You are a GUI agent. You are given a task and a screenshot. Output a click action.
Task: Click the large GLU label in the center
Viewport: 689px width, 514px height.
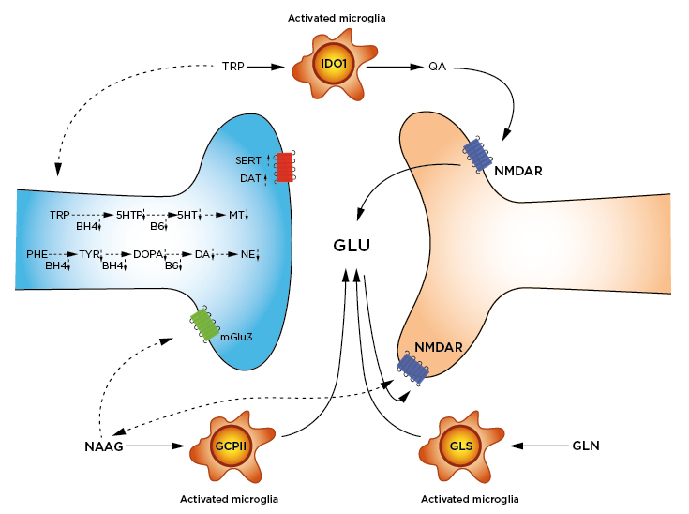[352, 247]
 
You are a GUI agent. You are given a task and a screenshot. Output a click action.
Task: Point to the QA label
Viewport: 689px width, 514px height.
[438, 67]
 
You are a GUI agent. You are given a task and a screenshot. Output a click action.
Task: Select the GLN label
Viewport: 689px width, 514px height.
[585, 446]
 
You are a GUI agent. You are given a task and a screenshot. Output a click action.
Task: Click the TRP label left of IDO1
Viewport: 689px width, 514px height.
[232, 67]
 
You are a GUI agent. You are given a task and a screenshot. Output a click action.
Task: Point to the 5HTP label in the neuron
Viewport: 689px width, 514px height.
[129, 215]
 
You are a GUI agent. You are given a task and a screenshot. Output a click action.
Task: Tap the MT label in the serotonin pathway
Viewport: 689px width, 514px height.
[237, 215]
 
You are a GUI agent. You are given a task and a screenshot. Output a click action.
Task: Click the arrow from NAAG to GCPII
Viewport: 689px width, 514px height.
[153, 446]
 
